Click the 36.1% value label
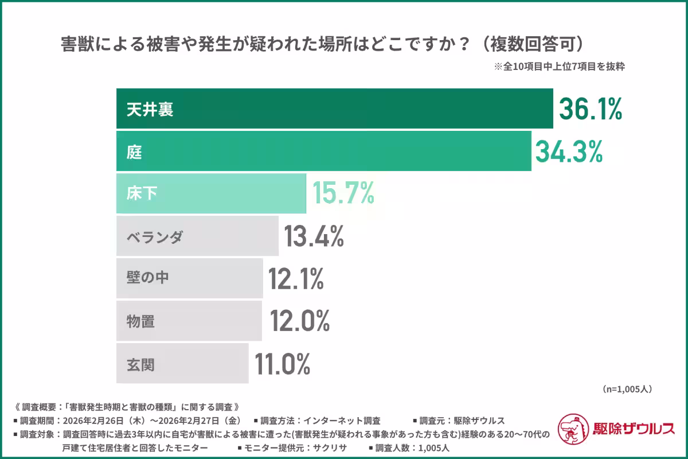[x=591, y=109]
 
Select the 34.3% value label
[x=569, y=151]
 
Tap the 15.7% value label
[x=343, y=193]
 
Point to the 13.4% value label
[x=314, y=236]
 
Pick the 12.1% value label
[x=296, y=278]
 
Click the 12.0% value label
[x=300, y=321]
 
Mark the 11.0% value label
[x=283, y=363]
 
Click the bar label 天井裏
[x=150, y=109]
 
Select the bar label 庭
[x=134, y=151]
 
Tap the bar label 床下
[x=142, y=194]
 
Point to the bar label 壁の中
[x=148, y=279]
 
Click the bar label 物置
[x=141, y=321]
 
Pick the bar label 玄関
[x=141, y=364]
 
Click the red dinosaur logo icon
[x=574, y=428]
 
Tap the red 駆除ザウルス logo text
[x=634, y=428]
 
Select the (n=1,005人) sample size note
[x=627, y=389]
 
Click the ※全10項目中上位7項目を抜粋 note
[x=559, y=66]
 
